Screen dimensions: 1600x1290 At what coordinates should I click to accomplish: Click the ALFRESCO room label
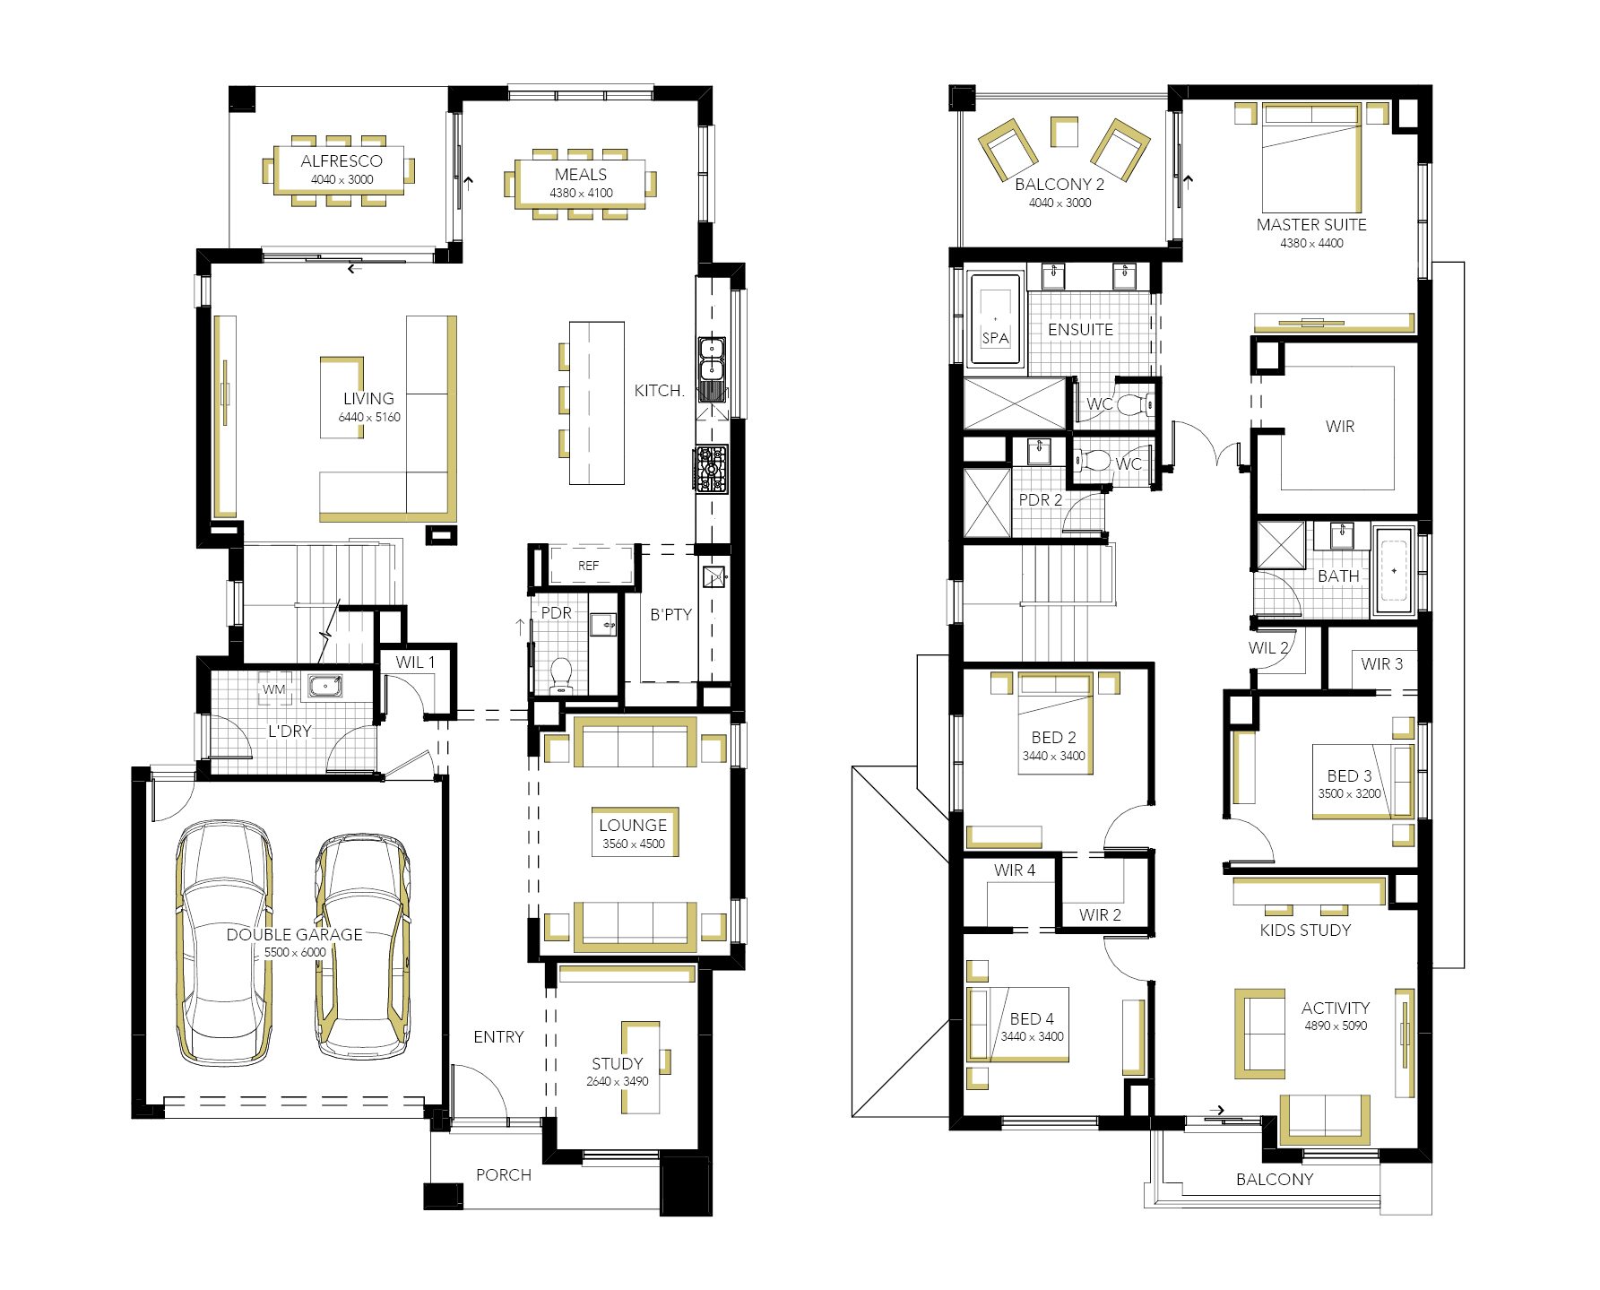(342, 161)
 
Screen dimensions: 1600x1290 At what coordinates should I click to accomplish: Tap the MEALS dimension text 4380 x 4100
(581, 193)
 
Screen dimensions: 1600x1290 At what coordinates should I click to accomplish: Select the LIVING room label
(368, 399)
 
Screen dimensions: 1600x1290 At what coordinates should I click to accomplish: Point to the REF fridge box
(588, 566)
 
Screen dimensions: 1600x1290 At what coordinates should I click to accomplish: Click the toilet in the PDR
(561, 676)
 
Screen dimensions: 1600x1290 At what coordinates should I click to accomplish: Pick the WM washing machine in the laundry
(274, 688)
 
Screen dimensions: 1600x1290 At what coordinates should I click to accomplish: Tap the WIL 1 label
(415, 662)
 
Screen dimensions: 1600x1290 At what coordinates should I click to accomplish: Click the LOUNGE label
(633, 825)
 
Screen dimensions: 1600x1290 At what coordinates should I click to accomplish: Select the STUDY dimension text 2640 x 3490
(618, 1081)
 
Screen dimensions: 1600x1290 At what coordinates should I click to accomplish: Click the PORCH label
(504, 1175)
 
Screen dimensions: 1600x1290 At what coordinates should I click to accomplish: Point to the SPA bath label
(995, 338)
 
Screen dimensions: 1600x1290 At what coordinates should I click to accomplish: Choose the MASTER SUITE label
(1311, 225)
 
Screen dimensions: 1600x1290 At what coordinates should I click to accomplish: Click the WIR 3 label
(1381, 664)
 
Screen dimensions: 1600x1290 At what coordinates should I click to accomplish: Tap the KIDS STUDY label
(1305, 931)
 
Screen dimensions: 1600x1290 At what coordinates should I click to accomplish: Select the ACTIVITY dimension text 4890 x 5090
(1336, 1026)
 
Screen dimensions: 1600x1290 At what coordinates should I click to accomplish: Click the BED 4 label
(1032, 1019)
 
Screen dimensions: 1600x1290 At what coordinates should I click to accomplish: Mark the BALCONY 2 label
(1059, 185)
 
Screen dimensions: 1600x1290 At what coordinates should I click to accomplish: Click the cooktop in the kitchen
(711, 469)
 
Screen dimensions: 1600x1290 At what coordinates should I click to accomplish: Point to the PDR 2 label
(1040, 500)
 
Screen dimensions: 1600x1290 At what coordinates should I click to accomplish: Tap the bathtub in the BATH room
(1394, 571)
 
